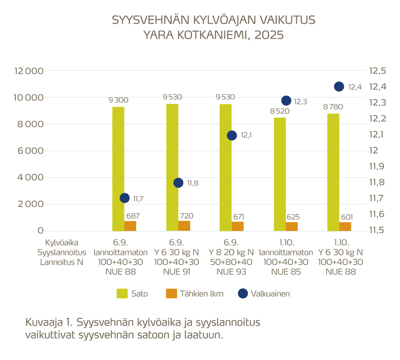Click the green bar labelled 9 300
tap(118, 168)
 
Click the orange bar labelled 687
tap(130, 226)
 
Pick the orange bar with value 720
tap(184, 226)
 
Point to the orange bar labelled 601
tap(346, 226)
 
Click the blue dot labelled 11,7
tap(124, 198)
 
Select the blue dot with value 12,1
tap(232, 135)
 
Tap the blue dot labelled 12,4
tap(339, 87)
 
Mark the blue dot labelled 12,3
tap(286, 101)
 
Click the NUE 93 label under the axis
tap(230, 272)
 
